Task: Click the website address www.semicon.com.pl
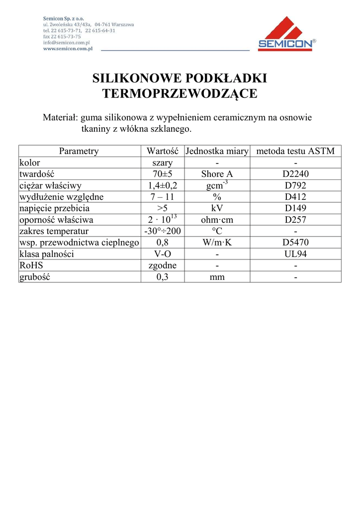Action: [68, 49]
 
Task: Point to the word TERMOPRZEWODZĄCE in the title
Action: [180, 93]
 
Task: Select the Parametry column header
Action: [79, 152]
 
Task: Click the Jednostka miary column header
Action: [217, 152]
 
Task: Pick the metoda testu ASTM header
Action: [295, 152]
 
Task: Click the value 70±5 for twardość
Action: [163, 174]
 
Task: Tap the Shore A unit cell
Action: [217, 174]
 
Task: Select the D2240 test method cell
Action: [295, 174]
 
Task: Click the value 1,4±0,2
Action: [163, 186]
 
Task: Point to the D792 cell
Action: [295, 186]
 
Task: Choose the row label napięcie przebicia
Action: [54, 208]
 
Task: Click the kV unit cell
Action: [217, 208]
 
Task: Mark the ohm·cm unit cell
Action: [217, 220]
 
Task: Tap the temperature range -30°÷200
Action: [163, 232]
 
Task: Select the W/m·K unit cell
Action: [217, 243]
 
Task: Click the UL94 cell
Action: [295, 254]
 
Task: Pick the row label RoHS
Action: [31, 265]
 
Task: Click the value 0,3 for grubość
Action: [163, 277]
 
